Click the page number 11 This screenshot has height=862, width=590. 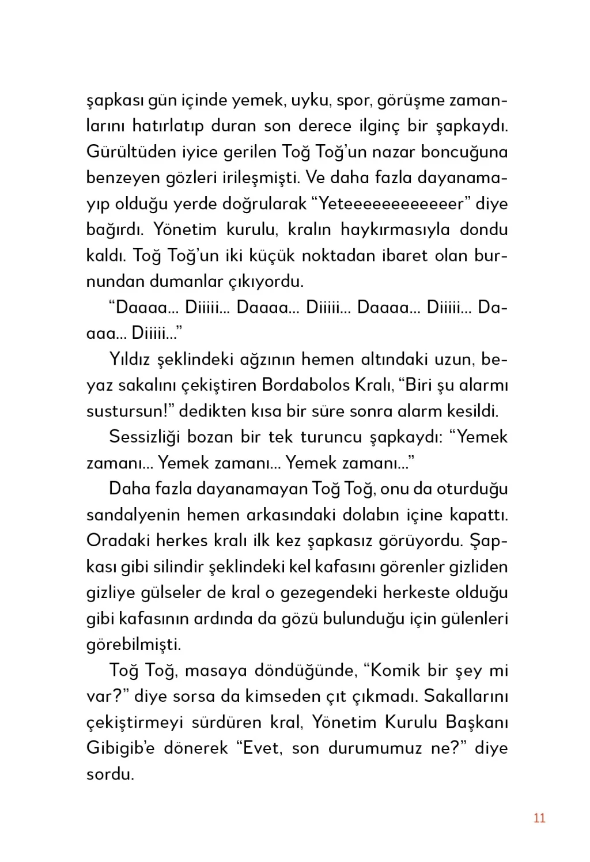click(539, 818)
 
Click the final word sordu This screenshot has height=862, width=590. click(110, 774)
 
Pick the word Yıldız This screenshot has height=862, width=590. click(130, 360)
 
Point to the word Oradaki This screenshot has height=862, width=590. click(118, 541)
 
